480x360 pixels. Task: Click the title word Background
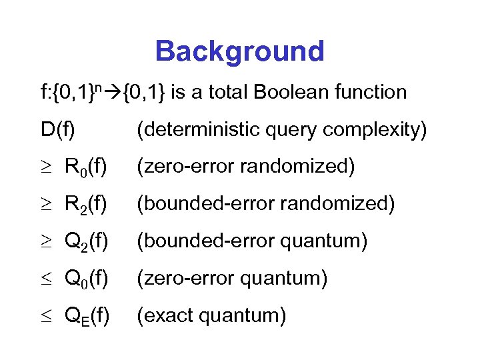click(239, 51)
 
